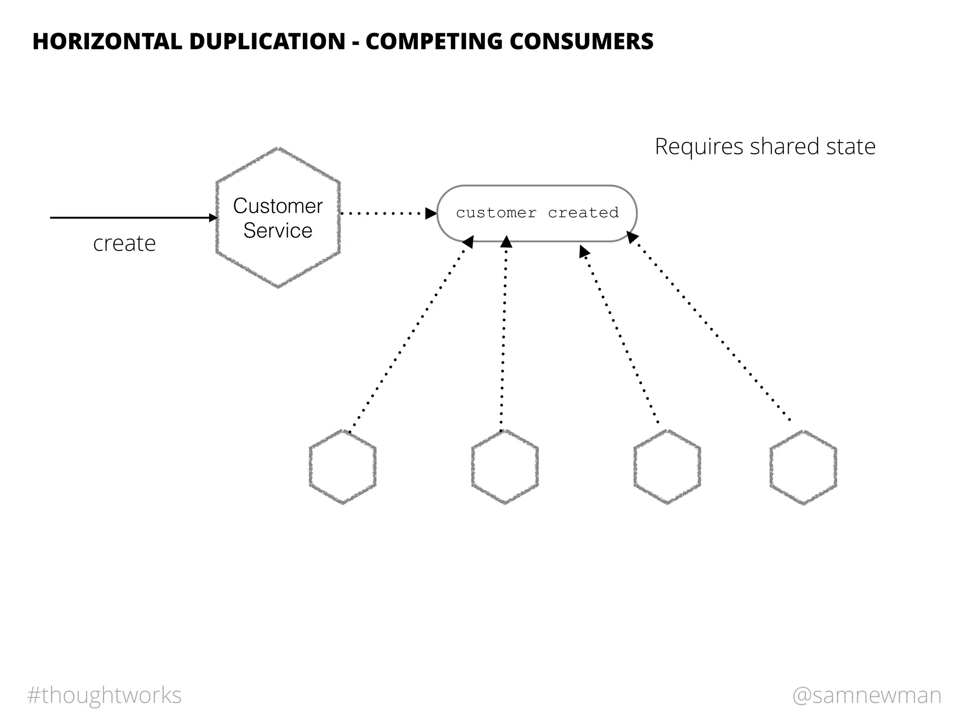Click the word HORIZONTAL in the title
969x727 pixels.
[x=107, y=41]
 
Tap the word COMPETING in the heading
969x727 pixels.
[x=433, y=41]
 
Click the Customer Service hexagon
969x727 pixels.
[x=278, y=218]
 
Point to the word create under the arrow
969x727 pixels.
[x=124, y=244]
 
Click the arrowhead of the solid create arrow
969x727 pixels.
[x=214, y=218]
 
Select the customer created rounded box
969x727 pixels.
[x=537, y=213]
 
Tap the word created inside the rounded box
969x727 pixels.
[x=583, y=213]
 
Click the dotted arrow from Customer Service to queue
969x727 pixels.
[x=383, y=213]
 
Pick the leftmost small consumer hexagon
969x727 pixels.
[x=343, y=467]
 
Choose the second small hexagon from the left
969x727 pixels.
[x=505, y=467]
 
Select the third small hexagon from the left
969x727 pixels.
[x=667, y=467]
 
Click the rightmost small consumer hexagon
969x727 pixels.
[x=803, y=467]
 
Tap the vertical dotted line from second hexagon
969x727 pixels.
[x=504, y=336]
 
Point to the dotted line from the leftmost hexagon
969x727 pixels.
[x=409, y=336]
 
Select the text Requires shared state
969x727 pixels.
[x=765, y=146]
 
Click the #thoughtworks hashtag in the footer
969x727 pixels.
[x=105, y=695]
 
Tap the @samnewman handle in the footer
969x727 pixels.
[x=867, y=695]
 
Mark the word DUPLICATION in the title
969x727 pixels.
[x=267, y=41]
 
